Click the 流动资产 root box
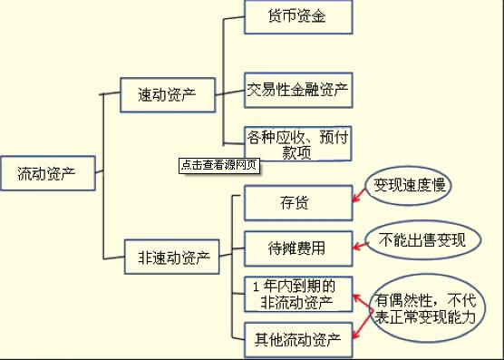click(x=49, y=173)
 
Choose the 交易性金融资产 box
click(x=298, y=90)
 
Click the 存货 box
click(x=298, y=202)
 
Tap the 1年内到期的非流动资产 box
click(x=298, y=293)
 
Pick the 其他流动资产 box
click(x=298, y=340)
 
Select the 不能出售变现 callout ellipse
click(x=422, y=240)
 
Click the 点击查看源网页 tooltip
click(x=218, y=165)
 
